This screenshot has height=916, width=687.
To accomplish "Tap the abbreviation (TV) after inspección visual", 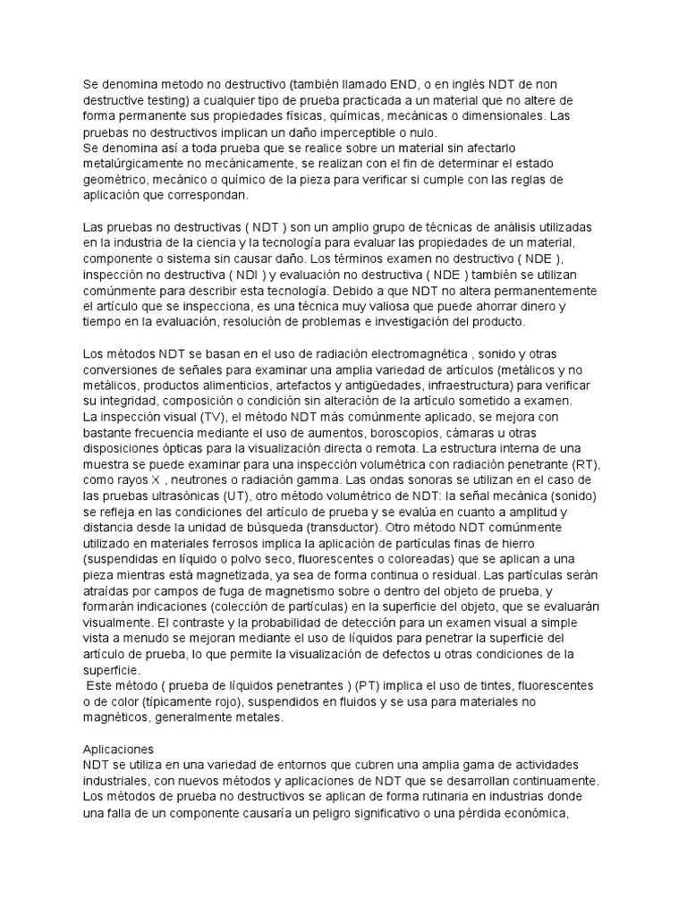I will [210, 418].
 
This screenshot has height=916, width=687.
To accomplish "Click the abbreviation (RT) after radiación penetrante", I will [581, 465].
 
